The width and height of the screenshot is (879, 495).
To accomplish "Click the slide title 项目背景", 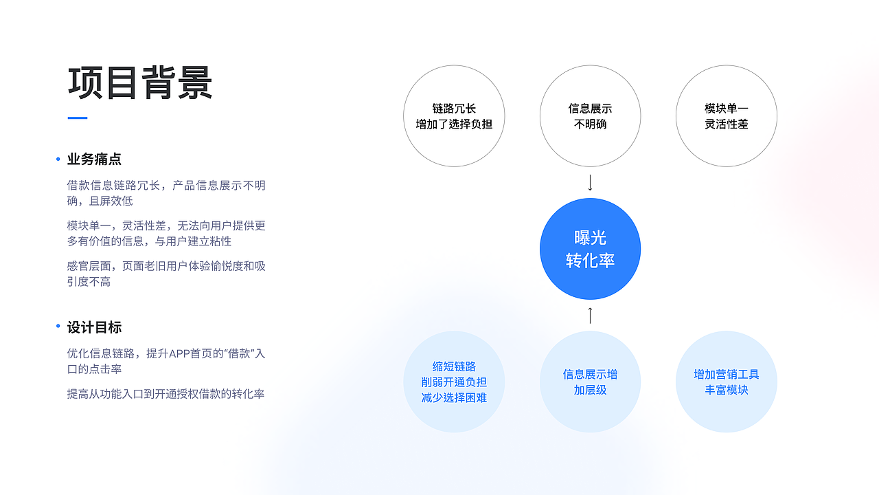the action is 140,83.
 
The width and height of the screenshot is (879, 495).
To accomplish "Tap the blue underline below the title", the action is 78,118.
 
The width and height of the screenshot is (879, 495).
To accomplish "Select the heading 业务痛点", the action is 94,159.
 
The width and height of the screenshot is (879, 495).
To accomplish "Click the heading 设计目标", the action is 94,327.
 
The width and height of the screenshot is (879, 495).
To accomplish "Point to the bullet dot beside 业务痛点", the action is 58,159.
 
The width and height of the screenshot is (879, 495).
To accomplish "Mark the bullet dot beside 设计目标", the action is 58,326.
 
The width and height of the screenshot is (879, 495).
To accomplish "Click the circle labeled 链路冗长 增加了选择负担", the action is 454,116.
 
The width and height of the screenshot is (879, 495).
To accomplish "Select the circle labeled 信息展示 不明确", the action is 590,116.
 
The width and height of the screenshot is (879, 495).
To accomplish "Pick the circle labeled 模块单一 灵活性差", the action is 726,116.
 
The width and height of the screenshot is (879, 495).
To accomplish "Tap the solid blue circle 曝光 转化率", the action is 590,249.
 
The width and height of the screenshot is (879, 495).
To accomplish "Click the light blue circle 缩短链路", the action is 454,382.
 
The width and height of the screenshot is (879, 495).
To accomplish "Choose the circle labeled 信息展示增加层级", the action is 590,382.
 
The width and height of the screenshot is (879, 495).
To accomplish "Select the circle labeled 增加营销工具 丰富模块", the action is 726,382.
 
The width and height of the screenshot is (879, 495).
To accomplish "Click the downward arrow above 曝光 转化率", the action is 590,183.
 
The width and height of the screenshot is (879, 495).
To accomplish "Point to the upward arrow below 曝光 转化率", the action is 590,316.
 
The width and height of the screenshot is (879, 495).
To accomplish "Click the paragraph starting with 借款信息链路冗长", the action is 166,193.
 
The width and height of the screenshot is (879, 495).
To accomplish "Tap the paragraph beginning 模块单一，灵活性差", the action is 166,234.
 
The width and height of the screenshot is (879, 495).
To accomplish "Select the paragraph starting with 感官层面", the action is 166,274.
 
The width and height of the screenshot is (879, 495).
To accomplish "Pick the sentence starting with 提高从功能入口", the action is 165,394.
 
